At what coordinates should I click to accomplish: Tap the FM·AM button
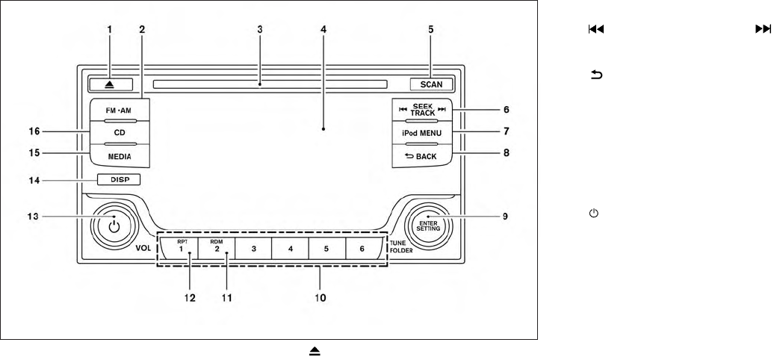(120, 109)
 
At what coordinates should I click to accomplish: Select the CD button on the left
(120, 133)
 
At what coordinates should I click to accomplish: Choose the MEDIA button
(120, 156)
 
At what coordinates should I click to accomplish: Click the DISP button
(118, 179)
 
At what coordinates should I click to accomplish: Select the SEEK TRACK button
(424, 109)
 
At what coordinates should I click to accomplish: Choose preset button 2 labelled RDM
(217, 248)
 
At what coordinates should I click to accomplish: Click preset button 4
(291, 249)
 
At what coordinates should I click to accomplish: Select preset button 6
(362, 249)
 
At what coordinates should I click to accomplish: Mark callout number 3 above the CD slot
(259, 30)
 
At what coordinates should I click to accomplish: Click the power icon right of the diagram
(595, 214)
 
